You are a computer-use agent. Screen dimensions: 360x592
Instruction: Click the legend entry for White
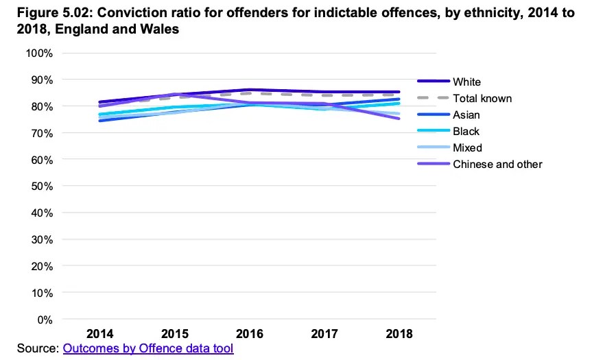(468, 82)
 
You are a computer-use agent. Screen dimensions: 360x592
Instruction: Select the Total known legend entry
(482, 99)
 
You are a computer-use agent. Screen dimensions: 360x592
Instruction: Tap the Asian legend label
(466, 115)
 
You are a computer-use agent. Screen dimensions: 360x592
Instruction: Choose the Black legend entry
(466, 132)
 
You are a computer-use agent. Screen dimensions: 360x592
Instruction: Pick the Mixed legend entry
(468, 148)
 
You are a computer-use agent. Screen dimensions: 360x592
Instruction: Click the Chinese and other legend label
(497, 165)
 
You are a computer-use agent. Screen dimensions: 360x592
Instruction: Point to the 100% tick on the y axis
(39, 53)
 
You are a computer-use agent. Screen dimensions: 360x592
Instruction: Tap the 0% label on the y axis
(44, 320)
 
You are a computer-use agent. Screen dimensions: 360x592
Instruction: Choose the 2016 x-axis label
(249, 335)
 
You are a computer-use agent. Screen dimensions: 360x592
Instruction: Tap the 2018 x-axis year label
(399, 335)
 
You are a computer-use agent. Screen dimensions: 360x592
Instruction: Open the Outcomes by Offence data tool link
(148, 348)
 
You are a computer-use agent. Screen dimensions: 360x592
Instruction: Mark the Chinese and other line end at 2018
(399, 119)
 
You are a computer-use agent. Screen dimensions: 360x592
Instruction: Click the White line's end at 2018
(399, 92)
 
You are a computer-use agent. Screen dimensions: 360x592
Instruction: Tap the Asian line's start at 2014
(99, 121)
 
